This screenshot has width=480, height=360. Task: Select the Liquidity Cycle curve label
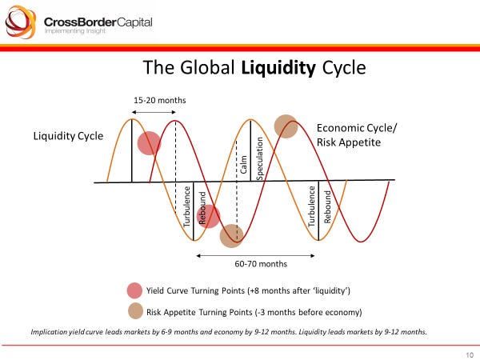(68, 136)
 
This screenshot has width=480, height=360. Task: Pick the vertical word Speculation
(258, 153)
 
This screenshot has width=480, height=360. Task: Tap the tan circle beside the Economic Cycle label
(286, 126)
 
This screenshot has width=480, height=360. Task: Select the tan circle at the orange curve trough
(231, 235)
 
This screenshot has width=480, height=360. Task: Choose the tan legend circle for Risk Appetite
(134, 312)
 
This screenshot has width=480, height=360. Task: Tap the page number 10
(468, 354)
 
